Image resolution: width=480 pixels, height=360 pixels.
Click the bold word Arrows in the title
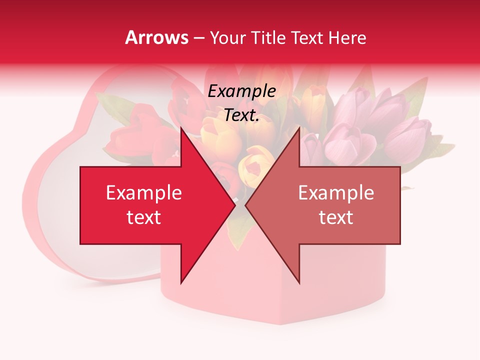(157, 37)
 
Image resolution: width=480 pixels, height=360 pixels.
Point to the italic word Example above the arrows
(242, 91)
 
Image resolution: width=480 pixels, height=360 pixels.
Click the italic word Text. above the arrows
(242, 115)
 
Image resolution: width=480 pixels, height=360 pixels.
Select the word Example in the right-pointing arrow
(144, 193)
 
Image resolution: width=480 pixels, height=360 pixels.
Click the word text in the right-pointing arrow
(144, 217)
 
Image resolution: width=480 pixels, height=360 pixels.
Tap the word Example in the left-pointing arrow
(336, 193)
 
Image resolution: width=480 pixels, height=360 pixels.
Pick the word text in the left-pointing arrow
(336, 217)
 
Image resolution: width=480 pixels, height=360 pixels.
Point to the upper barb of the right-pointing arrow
(182, 131)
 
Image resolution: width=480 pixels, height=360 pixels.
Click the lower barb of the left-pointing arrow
(298, 280)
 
